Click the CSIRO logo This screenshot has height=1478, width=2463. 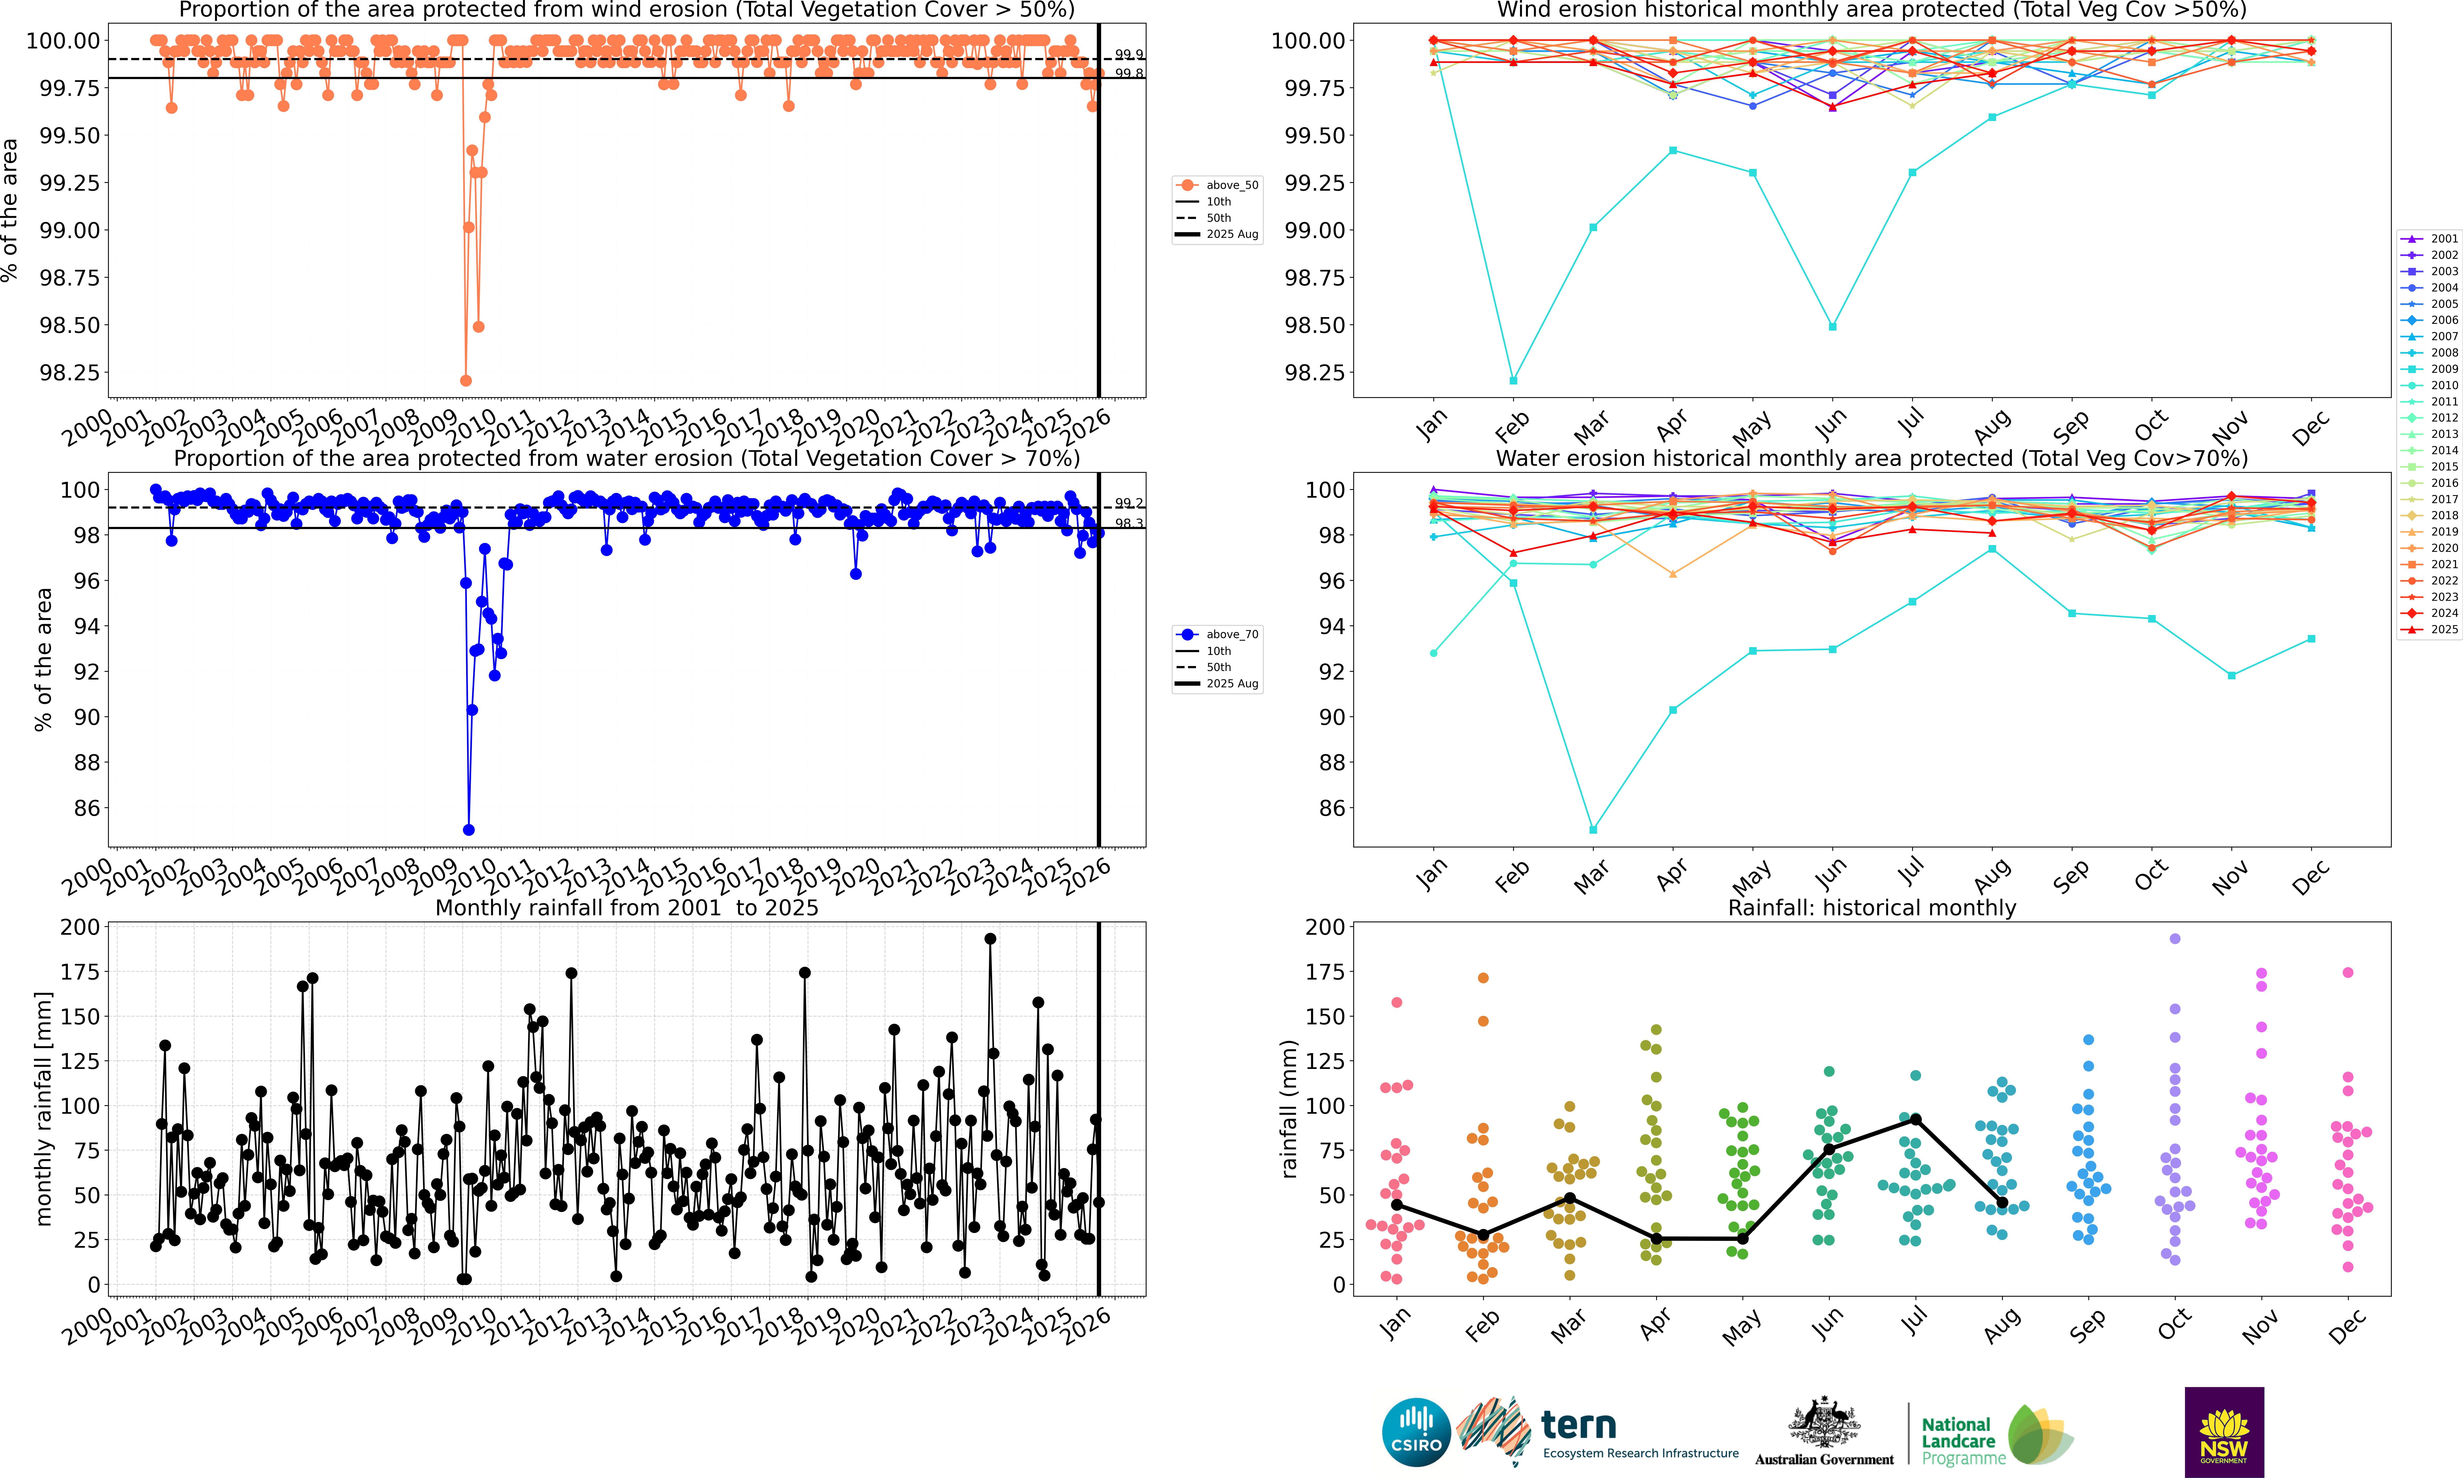click(x=1415, y=1432)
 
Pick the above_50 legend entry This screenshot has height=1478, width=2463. click(x=1217, y=185)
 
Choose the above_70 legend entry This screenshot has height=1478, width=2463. click(x=1217, y=634)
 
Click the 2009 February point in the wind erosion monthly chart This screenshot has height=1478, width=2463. click(x=1513, y=381)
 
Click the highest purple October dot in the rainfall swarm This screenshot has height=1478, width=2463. click(x=2175, y=939)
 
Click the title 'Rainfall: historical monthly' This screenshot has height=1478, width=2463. click(x=1871, y=908)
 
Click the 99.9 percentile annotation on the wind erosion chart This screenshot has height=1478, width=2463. click(x=1128, y=55)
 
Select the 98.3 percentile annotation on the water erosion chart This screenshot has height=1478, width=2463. click(x=1128, y=524)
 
